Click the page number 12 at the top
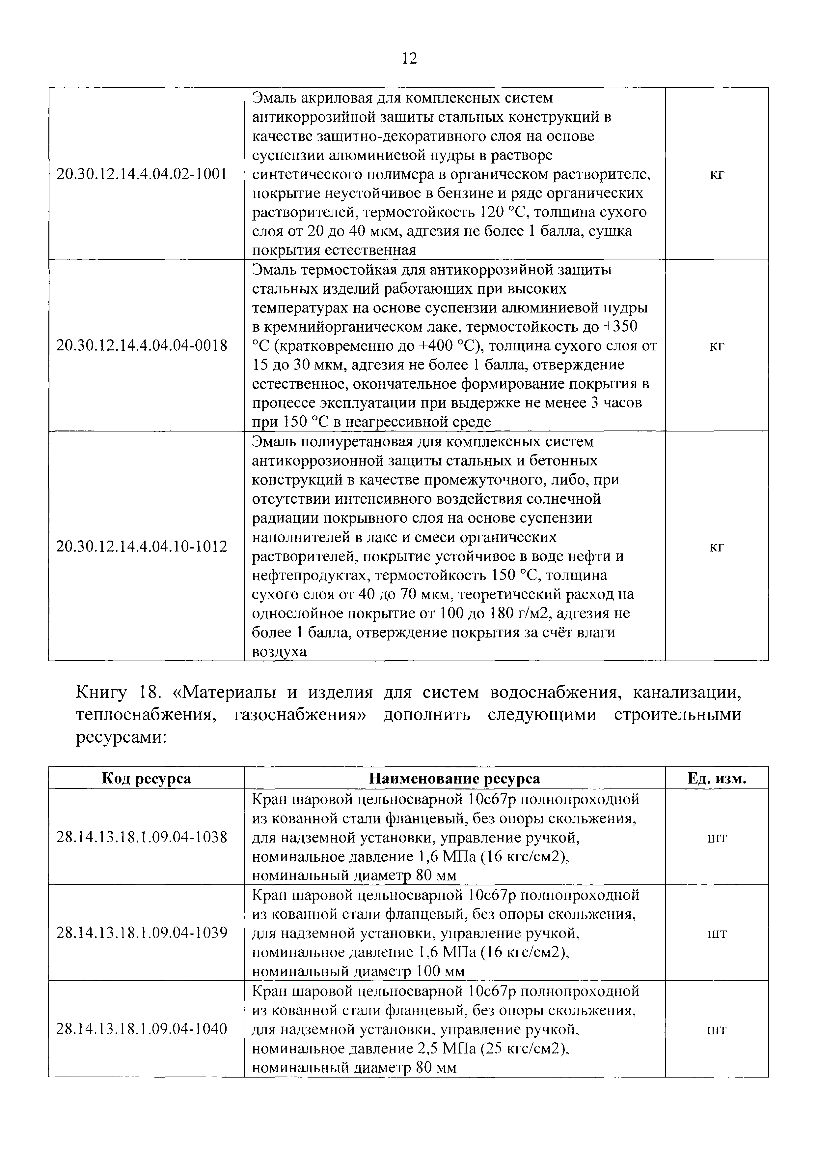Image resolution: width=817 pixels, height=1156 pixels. (x=410, y=59)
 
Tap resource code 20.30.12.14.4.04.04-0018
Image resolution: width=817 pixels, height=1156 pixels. (x=142, y=345)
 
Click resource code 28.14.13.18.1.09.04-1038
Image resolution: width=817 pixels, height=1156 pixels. (x=142, y=837)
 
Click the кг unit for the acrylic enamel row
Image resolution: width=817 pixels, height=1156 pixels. (x=716, y=175)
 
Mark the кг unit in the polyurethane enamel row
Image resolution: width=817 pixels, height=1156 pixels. (x=716, y=547)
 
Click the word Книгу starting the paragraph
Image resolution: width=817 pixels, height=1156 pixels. (x=101, y=693)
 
